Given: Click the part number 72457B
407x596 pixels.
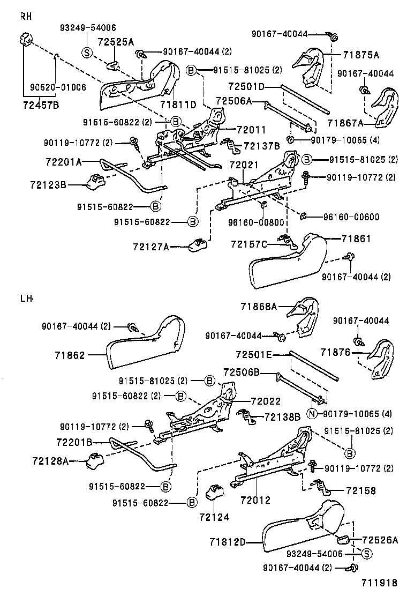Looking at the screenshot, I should click(x=40, y=105).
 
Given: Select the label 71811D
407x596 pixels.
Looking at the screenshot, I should click(x=178, y=104).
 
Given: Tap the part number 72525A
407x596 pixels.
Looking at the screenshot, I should click(x=116, y=41).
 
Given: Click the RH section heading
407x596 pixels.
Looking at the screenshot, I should click(x=26, y=16).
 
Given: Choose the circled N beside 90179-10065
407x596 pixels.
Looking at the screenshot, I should click(x=312, y=414).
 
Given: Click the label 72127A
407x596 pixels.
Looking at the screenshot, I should click(x=151, y=247).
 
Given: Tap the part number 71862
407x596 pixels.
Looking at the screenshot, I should click(x=70, y=354).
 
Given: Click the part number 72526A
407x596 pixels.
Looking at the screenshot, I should click(x=380, y=540).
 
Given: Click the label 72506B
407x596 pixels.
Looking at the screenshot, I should click(x=242, y=372).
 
